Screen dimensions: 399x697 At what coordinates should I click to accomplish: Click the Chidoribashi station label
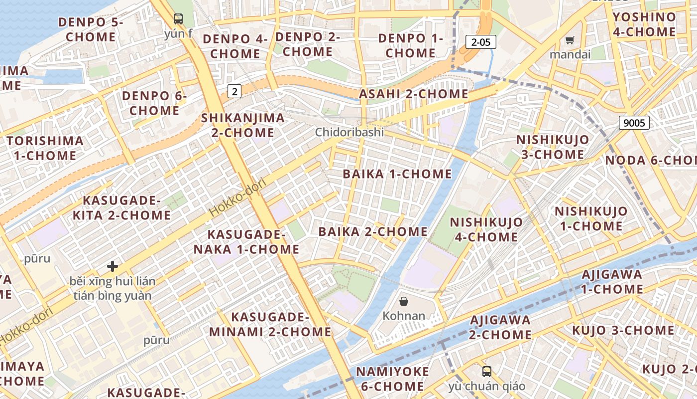349,132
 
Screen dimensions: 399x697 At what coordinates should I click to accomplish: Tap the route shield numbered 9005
634,122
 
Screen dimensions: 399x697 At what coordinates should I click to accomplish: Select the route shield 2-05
481,42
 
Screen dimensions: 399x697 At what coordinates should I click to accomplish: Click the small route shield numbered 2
234,91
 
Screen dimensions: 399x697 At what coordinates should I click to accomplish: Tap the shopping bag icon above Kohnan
404,301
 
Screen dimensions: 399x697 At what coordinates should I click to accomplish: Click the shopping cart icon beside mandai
570,40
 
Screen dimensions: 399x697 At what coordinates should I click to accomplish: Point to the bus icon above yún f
178,19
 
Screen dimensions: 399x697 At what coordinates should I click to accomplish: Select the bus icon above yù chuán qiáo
486,371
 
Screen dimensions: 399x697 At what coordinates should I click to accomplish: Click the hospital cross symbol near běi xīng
113,266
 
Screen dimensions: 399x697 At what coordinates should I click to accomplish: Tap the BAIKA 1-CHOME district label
397,174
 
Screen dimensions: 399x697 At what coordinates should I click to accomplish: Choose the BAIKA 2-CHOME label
373,231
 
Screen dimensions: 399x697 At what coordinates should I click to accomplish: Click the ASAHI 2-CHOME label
414,94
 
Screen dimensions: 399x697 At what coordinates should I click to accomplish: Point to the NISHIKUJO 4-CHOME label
486,229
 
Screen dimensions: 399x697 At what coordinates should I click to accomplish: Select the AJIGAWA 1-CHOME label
612,281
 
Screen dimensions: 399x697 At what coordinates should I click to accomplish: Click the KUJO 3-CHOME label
623,330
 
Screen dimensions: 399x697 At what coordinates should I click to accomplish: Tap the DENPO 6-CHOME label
154,103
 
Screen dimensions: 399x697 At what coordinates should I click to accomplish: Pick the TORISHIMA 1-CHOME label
45,148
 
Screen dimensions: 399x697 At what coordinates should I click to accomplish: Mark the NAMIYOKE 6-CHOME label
393,379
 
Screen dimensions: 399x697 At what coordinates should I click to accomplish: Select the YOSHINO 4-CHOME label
644,24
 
